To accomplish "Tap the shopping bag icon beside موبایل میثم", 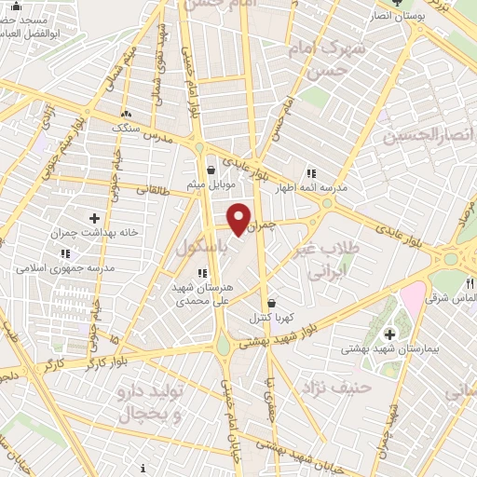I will [211, 170].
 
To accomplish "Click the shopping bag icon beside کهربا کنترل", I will [271, 303].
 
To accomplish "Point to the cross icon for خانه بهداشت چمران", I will [93, 218].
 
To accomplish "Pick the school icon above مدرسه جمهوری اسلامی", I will [64, 253].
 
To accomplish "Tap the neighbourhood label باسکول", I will [200, 252].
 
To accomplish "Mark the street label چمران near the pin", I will [266, 225].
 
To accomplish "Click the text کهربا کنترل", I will [271, 318].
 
